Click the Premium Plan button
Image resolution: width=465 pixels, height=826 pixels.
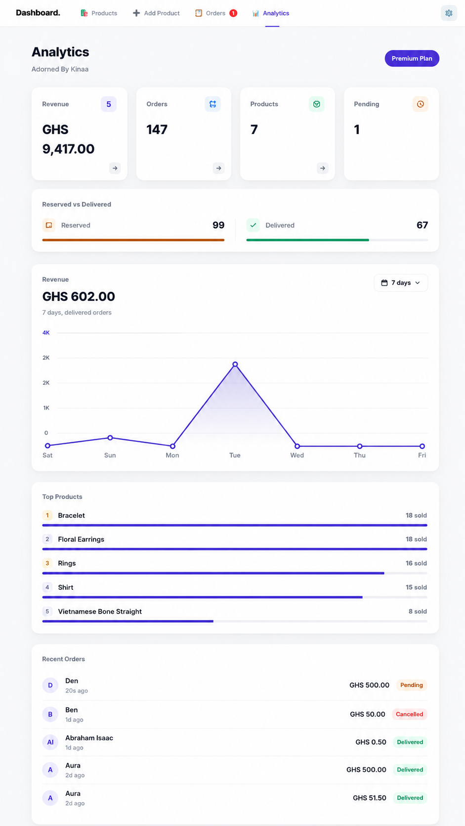(x=412, y=58)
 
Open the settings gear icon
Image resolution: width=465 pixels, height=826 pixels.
(x=449, y=13)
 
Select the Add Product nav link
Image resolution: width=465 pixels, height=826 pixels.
(x=156, y=13)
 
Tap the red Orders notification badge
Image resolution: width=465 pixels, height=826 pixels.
(x=233, y=13)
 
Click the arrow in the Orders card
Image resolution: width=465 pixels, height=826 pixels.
(x=219, y=168)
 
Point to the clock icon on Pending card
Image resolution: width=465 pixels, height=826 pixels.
(x=420, y=104)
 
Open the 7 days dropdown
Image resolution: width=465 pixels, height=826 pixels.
(x=401, y=283)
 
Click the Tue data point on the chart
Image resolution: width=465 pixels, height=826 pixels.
(x=235, y=364)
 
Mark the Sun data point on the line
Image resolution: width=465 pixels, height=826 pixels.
(x=110, y=438)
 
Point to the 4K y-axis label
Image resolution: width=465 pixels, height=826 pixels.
(x=46, y=332)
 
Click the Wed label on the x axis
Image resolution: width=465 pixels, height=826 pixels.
(x=297, y=455)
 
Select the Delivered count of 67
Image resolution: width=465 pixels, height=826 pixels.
(x=422, y=225)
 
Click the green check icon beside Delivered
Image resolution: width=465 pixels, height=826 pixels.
(x=253, y=225)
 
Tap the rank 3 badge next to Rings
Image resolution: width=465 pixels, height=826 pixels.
(x=47, y=563)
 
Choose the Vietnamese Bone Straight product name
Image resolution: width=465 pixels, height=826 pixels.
(x=99, y=612)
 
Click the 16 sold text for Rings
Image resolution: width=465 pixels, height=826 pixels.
(x=416, y=563)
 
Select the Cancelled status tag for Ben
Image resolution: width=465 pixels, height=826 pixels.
(x=409, y=714)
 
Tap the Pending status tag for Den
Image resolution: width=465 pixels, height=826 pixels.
(x=412, y=685)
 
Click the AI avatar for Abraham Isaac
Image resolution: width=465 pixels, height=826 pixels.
(x=50, y=743)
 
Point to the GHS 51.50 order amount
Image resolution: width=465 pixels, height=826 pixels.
(x=369, y=798)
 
